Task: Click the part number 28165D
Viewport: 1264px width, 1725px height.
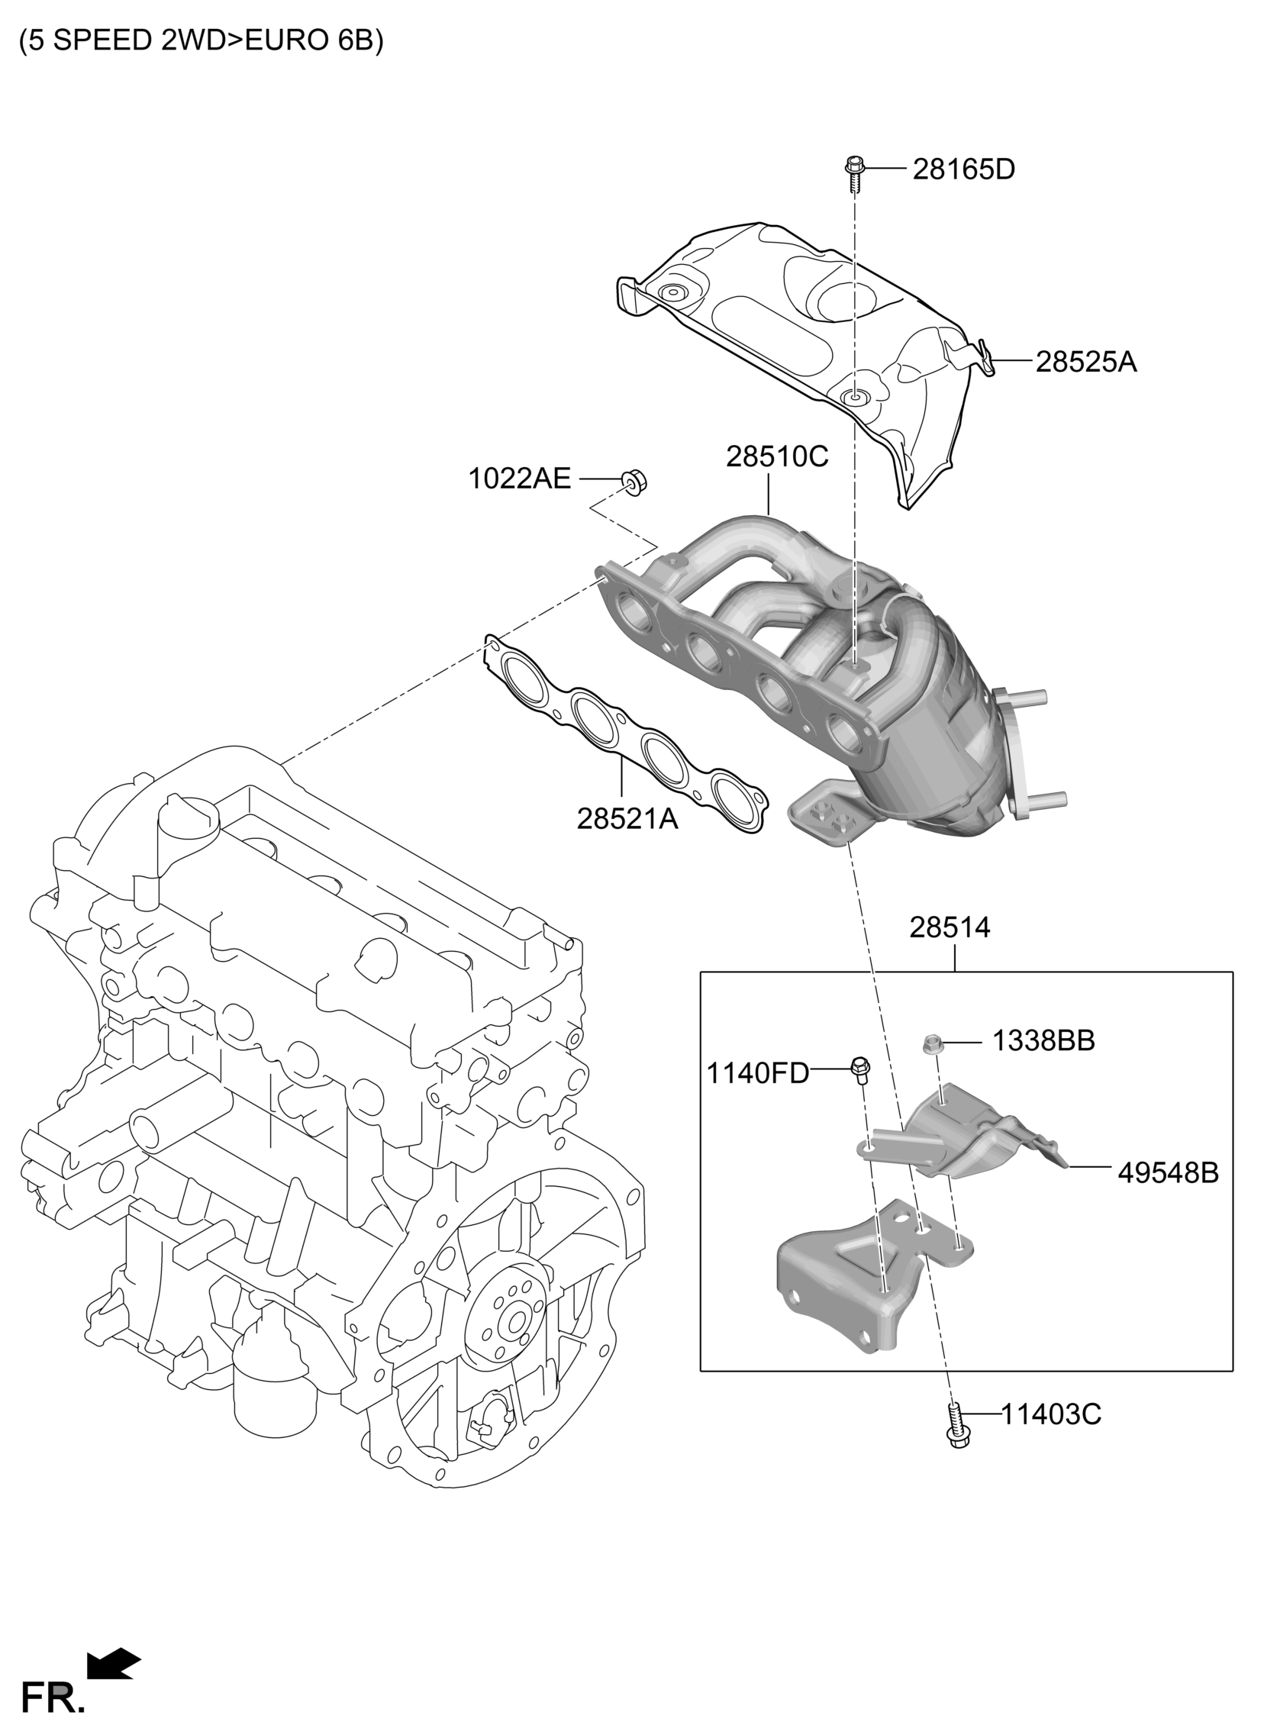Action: (963, 169)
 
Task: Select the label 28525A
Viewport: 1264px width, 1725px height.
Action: (1086, 361)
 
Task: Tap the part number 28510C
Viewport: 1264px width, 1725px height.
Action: (777, 456)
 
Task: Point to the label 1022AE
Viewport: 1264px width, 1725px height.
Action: (520, 479)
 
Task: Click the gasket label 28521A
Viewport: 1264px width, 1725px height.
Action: (627, 818)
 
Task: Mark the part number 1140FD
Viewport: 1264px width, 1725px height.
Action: (757, 1073)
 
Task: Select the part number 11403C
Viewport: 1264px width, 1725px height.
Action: (1051, 1414)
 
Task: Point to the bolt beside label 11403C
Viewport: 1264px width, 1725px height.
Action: (954, 1423)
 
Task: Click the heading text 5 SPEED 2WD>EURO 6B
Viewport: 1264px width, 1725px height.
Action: (202, 40)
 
